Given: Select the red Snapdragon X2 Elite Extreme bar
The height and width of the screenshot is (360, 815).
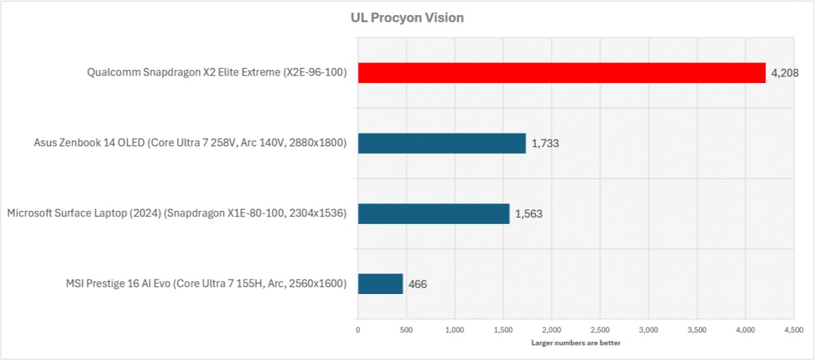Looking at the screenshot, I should coord(561,73).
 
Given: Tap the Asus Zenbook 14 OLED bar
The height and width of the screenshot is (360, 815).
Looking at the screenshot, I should coord(442,143).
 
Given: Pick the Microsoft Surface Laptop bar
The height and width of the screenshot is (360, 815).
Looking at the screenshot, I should coord(433,214).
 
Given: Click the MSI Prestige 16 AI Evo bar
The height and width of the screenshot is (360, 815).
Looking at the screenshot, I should coord(380,284).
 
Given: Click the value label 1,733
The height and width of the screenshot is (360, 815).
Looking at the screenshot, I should coord(544,144).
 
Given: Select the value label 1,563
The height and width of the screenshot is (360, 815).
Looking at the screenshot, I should coord(528,214).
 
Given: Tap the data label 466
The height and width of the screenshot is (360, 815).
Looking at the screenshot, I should coord(417,284).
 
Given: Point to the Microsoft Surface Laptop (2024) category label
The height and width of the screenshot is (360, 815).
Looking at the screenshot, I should coord(177,214).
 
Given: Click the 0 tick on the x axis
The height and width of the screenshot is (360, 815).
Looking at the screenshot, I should coord(358,331).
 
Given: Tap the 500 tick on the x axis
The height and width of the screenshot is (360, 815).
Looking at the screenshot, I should coord(406,331).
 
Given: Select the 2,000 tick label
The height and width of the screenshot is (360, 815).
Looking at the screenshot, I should coord(552,331).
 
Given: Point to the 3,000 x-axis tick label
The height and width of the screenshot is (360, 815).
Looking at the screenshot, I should coord(648,331).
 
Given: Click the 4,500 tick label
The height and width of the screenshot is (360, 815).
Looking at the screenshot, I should coord(793,331).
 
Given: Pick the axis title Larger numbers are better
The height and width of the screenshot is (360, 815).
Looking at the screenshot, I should coord(576,343).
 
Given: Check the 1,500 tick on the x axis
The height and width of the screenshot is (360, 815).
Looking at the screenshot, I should coord(503,331).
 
